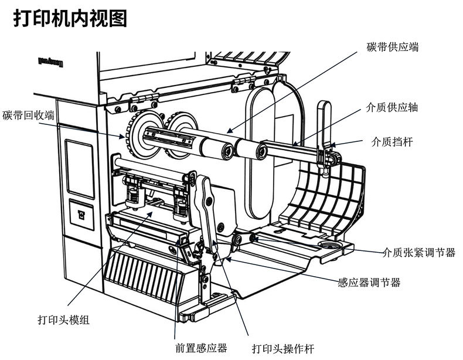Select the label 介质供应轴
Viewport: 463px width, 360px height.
click(391, 108)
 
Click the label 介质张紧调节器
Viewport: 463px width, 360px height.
click(418, 253)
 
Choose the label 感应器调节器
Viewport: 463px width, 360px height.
click(369, 283)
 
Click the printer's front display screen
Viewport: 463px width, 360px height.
click(79, 166)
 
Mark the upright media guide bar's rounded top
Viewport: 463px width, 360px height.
click(323, 107)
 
